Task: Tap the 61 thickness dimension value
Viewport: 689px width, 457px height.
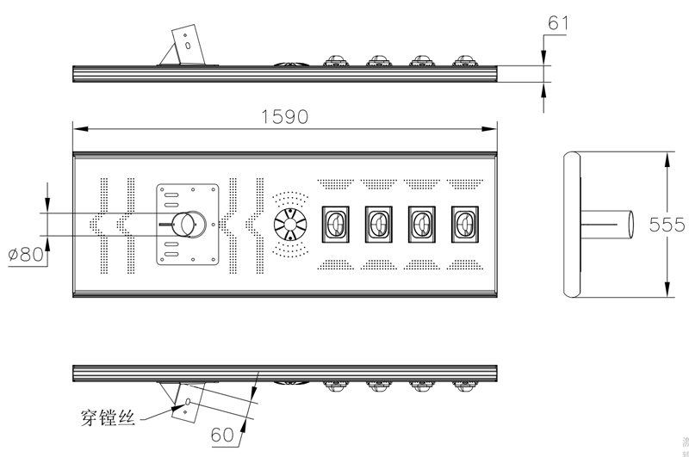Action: [558, 23]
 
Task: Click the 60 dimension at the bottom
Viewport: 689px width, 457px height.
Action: [223, 435]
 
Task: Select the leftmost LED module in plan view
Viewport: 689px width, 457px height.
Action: [336, 225]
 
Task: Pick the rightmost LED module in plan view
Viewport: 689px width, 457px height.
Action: [465, 225]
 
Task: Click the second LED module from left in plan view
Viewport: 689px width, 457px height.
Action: [379, 225]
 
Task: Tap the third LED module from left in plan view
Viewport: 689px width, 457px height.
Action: [422, 225]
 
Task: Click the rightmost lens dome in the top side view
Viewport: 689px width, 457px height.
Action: [465, 60]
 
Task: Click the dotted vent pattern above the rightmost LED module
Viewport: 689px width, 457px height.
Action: [465, 183]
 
